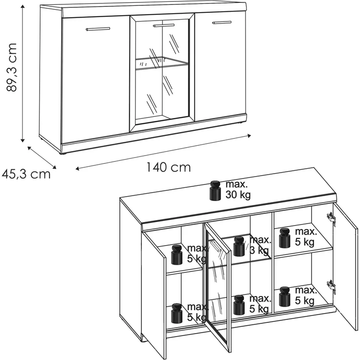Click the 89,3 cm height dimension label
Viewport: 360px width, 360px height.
coord(12,67)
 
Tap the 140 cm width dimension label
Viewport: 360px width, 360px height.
coord(169,167)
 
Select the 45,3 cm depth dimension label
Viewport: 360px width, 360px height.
coord(26,175)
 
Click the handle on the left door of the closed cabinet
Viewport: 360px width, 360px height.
coord(98,29)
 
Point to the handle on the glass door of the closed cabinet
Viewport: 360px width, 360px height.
coord(164,25)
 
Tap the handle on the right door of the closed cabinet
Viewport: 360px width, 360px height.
coord(222,22)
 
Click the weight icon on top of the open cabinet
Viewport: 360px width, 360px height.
coord(215,191)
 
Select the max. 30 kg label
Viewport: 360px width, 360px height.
coord(238,190)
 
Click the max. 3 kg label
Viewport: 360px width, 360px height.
coord(260,246)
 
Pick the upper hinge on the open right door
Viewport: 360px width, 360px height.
coord(331,217)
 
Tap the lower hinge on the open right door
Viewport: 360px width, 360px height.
coord(331,286)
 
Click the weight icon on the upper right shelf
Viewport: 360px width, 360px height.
coord(285,238)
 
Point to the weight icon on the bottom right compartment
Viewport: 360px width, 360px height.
coord(285,296)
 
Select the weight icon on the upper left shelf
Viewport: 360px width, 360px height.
coord(177,254)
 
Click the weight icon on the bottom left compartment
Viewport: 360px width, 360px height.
coord(177,314)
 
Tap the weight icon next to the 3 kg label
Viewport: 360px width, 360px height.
coord(239,246)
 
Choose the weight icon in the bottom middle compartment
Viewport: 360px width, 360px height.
coord(239,305)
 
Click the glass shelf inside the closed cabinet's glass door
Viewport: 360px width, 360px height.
coord(162,63)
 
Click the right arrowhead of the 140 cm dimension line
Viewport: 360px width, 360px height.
coord(248,136)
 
